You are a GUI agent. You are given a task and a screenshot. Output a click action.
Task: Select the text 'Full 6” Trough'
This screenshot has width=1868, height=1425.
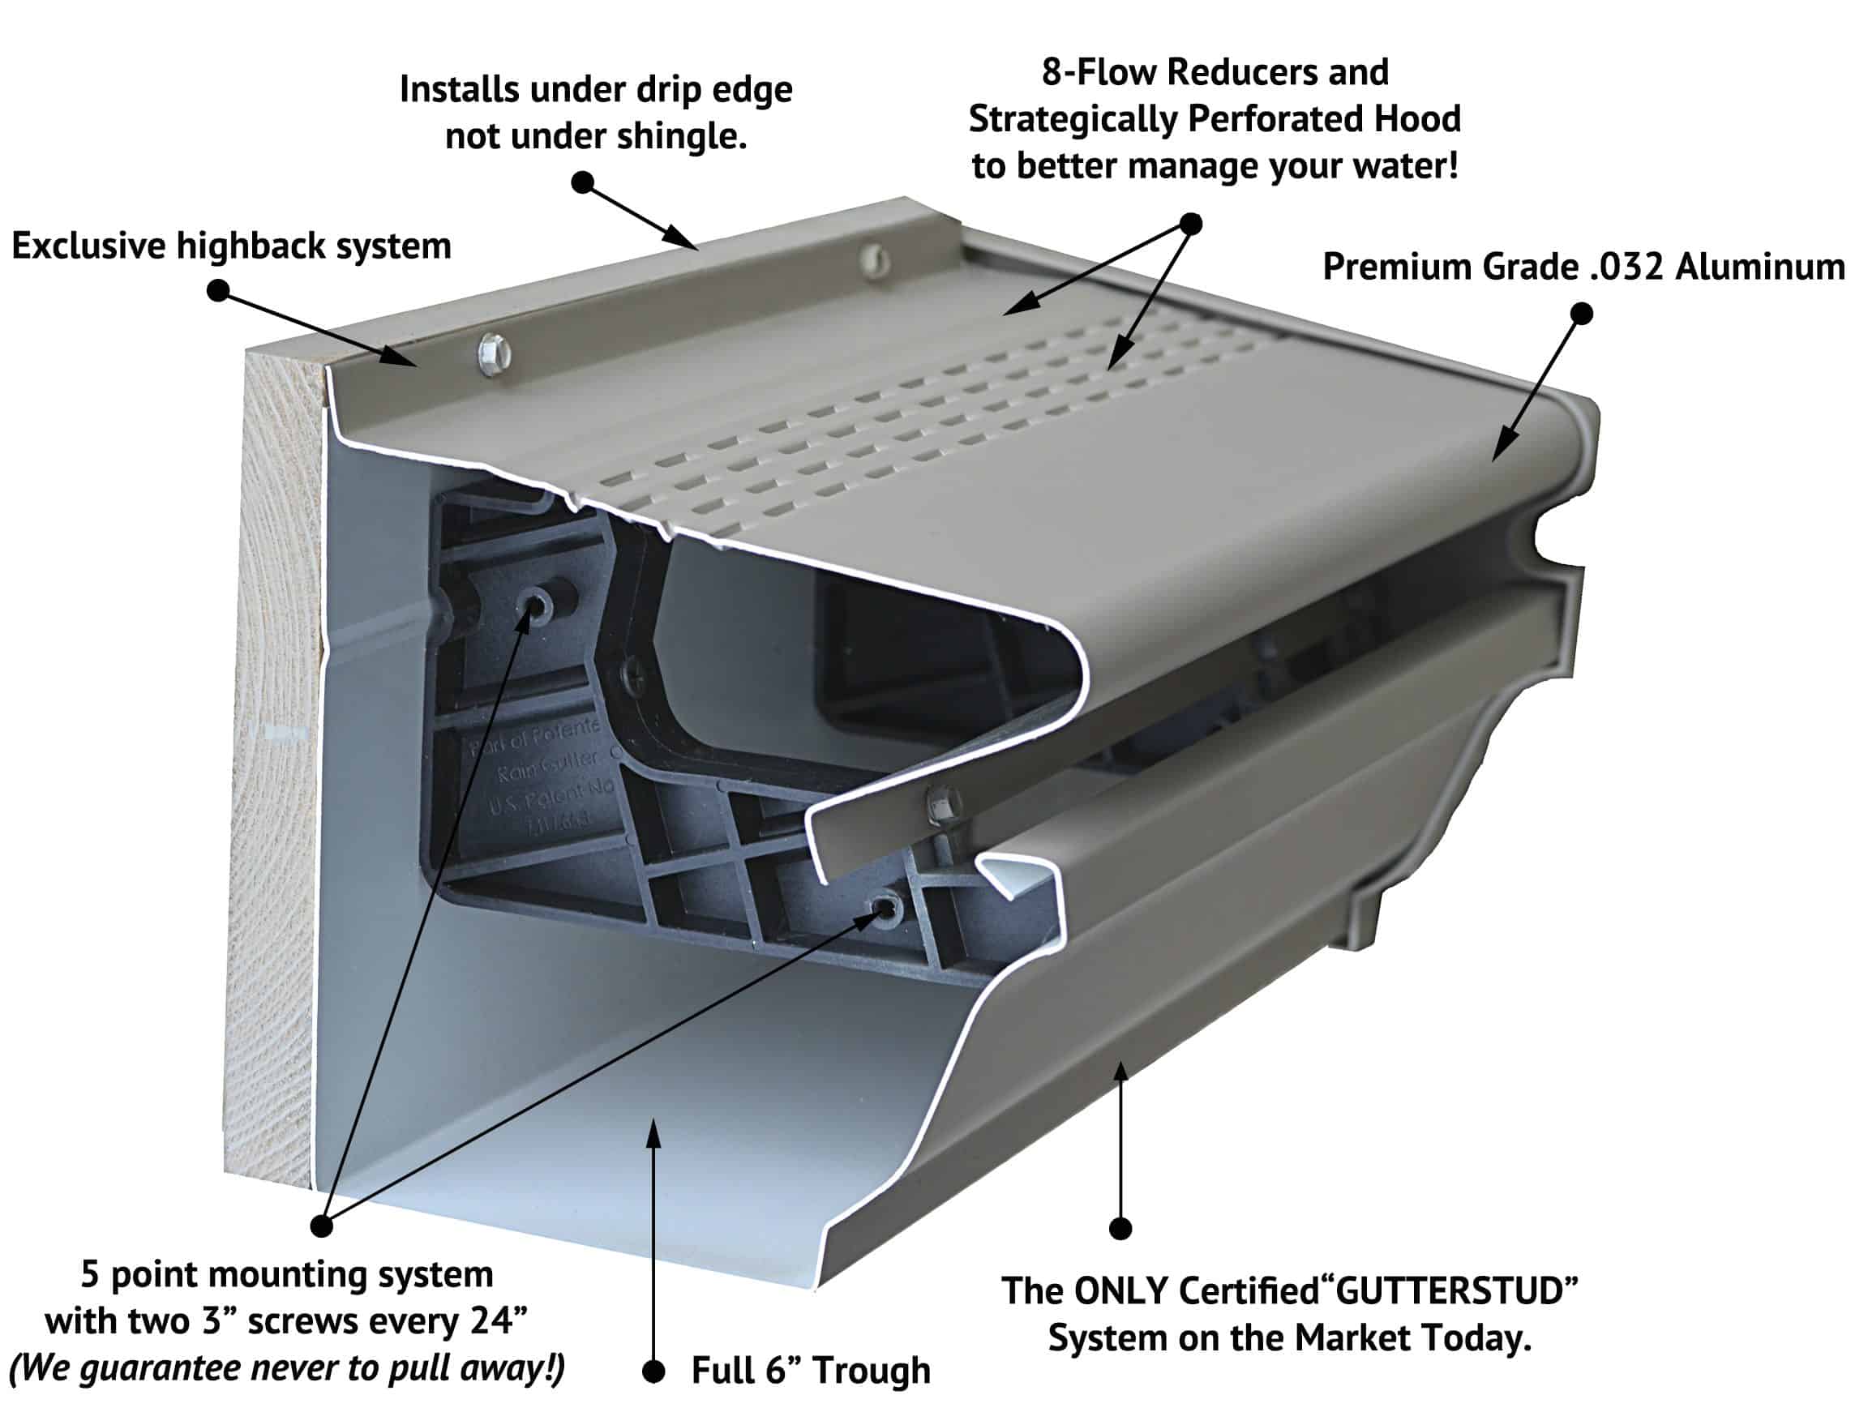click(x=810, y=1371)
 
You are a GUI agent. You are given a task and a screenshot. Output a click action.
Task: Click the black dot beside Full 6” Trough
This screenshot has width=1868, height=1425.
click(x=653, y=1372)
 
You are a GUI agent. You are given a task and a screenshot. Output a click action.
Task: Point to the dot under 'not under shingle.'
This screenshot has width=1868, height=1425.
click(x=582, y=182)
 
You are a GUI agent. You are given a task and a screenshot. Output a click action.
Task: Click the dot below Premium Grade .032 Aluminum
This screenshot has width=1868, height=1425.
click(x=1581, y=314)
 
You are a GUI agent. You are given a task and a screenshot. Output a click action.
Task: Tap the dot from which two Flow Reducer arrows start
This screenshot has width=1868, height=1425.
click(x=1191, y=224)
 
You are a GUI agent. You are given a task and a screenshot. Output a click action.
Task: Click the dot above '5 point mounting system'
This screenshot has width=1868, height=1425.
click(x=322, y=1226)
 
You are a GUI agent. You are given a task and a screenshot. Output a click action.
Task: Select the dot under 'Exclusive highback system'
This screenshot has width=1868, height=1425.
click(x=218, y=291)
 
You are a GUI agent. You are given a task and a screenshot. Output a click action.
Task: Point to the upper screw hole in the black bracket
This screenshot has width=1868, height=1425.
click(x=535, y=606)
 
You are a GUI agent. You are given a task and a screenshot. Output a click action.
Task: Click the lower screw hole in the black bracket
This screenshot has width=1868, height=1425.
click(x=885, y=910)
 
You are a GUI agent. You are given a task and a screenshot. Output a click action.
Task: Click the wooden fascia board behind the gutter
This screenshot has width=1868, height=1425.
click(x=276, y=764)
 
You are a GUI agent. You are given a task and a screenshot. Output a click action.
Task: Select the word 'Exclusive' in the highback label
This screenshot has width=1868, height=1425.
click(x=88, y=246)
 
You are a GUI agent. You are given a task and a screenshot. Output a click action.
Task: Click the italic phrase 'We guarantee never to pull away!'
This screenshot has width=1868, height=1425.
click(x=287, y=1368)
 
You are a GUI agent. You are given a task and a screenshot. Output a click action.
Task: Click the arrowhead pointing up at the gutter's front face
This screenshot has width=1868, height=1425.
click(x=1120, y=1071)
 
